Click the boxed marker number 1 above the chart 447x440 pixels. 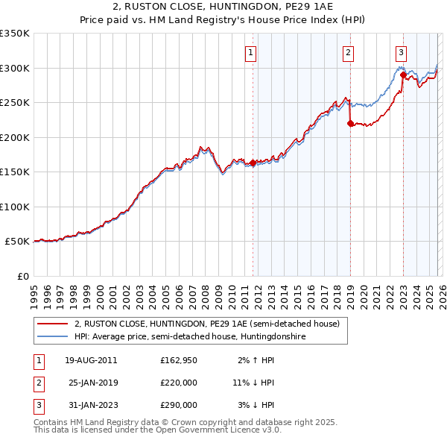tap(250, 52)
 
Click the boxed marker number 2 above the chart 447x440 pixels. tap(348, 52)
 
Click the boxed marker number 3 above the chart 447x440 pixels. tap(401, 52)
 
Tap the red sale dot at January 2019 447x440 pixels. tap(350, 124)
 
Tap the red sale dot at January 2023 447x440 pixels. tap(403, 75)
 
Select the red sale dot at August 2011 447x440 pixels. tap(253, 163)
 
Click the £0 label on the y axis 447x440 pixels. tap(22, 276)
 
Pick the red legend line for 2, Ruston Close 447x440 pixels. tap(53, 324)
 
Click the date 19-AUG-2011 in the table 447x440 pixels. tap(91, 360)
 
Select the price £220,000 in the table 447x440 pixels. tap(179, 383)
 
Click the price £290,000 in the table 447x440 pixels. tap(179, 405)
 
